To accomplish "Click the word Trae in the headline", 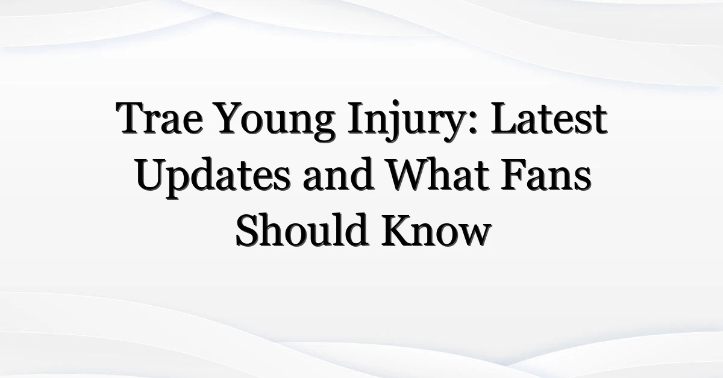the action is coord(160,118).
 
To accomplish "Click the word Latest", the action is coord(549,118).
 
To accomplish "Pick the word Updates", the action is coord(213,178).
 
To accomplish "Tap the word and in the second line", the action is coord(339,174).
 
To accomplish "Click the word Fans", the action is coord(546,174).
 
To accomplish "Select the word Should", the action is coord(302,230).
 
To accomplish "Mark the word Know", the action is coord(436,230).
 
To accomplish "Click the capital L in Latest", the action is coord(505,118).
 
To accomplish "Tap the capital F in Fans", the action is coord(514,175).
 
